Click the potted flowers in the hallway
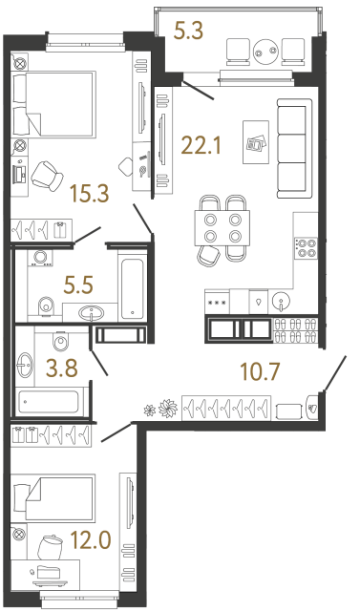point(159,408)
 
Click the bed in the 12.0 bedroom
point(54,498)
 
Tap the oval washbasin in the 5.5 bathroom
point(93,312)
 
